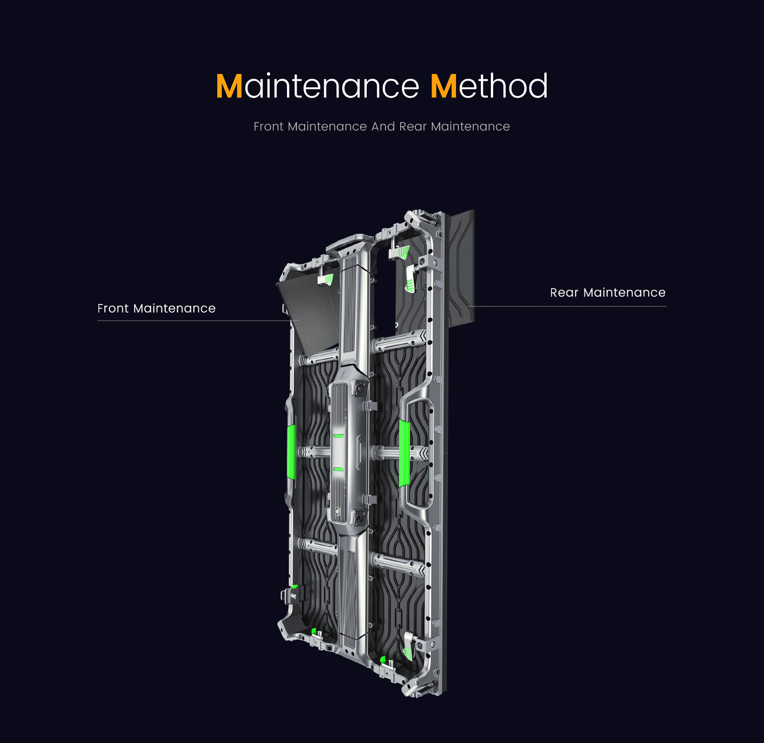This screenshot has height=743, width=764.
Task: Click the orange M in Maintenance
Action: pos(229,86)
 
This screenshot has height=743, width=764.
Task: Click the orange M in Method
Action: pos(444,86)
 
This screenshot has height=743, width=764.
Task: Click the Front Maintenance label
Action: pos(156,308)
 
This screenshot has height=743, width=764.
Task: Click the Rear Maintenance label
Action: pos(607,293)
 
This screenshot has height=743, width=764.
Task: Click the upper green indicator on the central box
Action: pos(339,436)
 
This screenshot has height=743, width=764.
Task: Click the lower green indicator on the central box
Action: pos(339,470)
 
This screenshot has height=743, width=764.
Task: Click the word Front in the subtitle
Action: pos(268,126)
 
